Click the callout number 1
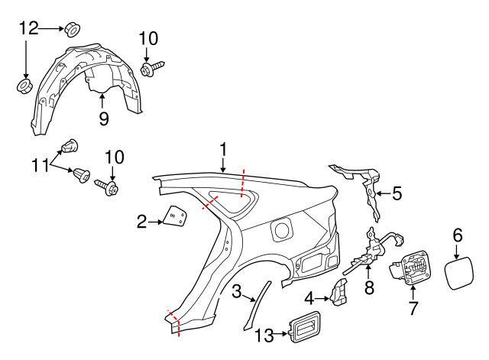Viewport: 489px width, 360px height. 224,148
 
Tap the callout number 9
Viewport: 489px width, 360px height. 103,118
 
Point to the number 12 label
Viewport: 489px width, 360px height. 28,29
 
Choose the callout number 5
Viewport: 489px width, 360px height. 397,193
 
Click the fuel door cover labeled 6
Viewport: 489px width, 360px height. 458,273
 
